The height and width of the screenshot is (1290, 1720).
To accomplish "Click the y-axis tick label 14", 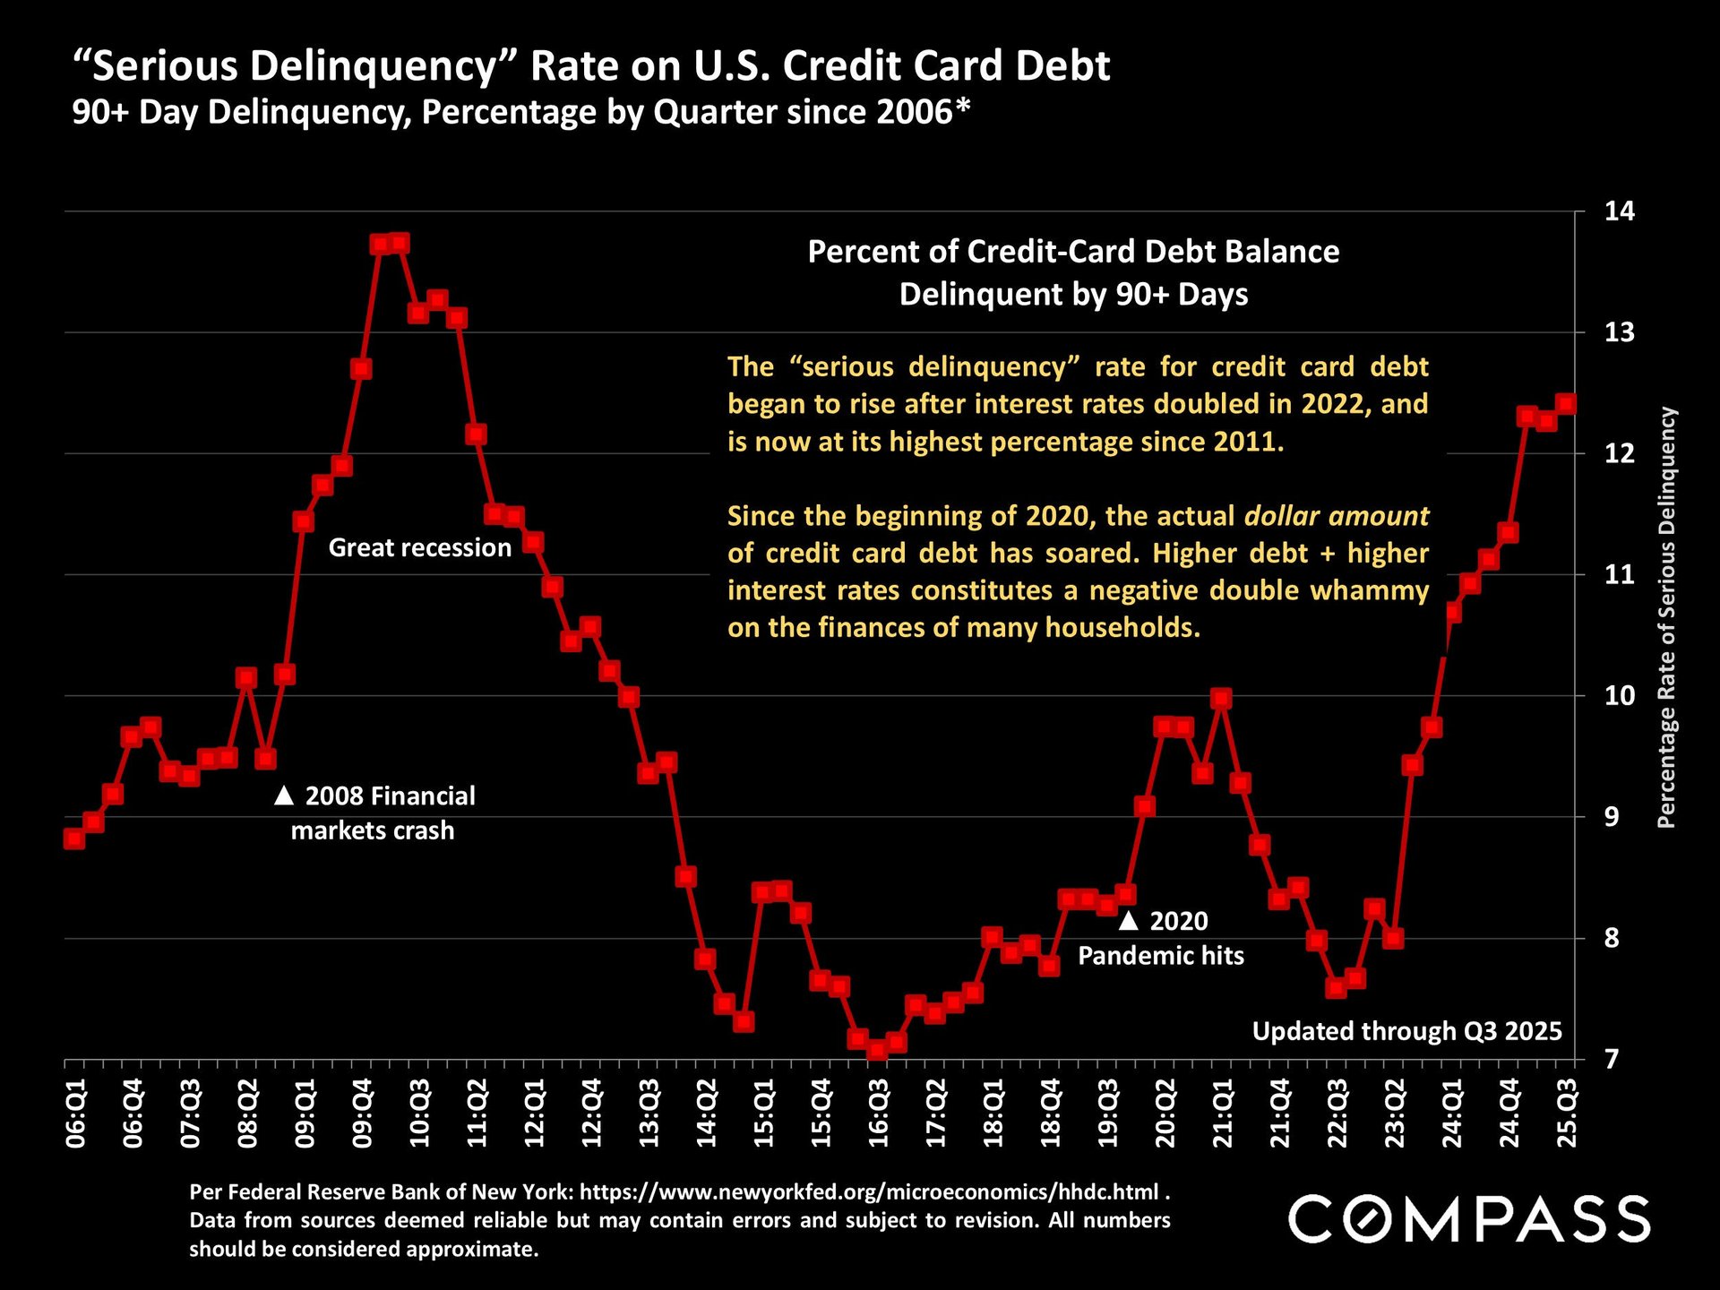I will coord(1619,211).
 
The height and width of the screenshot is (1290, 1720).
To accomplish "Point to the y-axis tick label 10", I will coord(1619,696).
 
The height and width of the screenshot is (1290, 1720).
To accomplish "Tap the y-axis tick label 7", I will coord(1612,1059).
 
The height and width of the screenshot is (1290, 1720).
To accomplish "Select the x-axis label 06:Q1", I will coord(76,1114).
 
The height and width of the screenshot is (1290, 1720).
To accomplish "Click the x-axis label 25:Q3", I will coord(1567,1114).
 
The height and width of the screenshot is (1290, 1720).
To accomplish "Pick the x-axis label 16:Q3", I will coord(879,1114).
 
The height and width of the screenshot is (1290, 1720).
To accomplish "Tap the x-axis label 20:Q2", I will coord(1165,1114).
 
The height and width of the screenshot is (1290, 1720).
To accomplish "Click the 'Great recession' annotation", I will coord(419,547).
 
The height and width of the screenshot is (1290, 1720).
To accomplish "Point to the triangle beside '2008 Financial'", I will coord(284,795).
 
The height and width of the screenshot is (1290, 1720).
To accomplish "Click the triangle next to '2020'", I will coord(1129,920).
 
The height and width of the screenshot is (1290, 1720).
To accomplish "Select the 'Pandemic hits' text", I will coord(1160,956).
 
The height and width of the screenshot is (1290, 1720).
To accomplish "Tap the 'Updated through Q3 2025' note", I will coord(1406,1031).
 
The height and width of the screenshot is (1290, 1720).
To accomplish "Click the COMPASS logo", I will coord(1468,1218).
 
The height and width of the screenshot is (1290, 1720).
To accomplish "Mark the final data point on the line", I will coord(1566,404).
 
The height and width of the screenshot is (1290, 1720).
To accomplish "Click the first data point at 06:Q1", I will coord(74,838).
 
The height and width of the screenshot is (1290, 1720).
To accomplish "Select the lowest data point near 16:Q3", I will coord(878,1049).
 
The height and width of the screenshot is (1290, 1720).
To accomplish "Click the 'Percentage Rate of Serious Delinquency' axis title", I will coord(1665,617).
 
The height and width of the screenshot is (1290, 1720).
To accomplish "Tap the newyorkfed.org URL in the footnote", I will coord(869,1192).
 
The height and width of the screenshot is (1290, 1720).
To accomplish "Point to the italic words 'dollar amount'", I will coord(1337,516).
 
